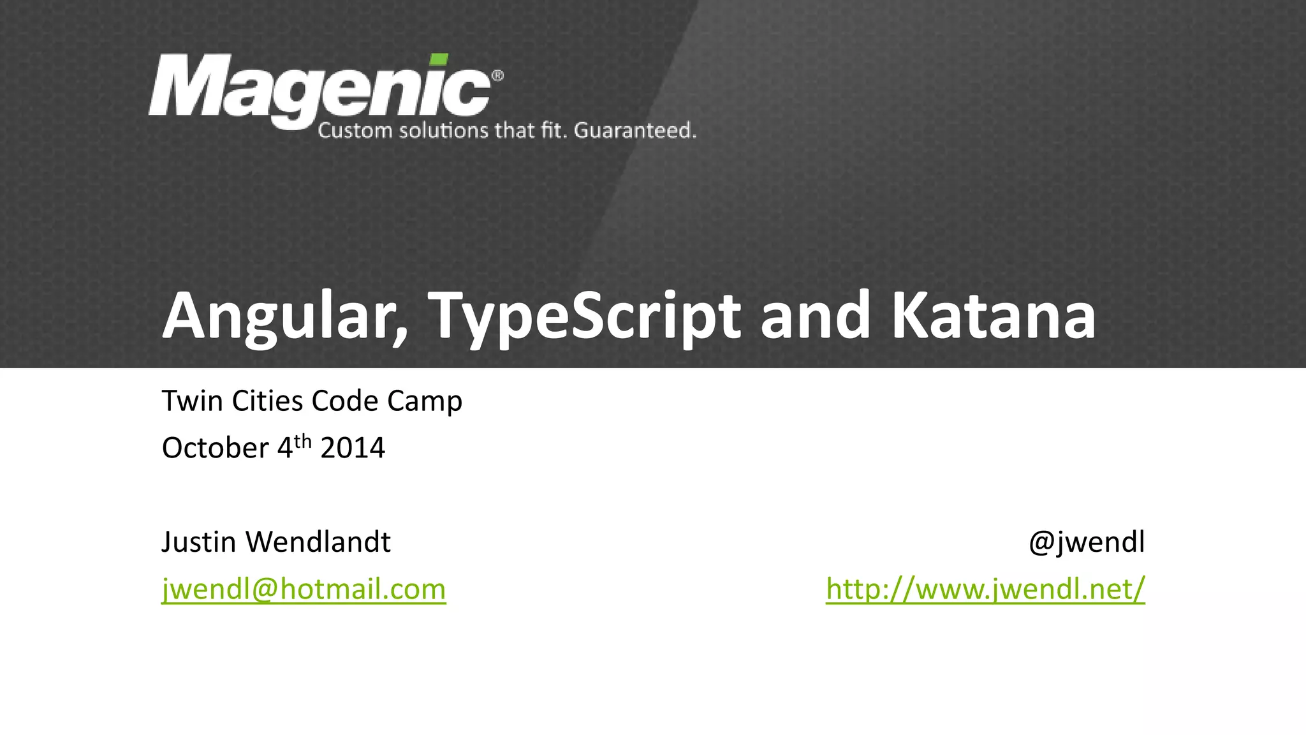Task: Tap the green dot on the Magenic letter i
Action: (438, 59)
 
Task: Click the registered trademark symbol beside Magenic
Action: (497, 76)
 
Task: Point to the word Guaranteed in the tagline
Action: (634, 130)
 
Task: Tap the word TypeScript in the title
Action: (585, 316)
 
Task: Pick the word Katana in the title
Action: (993, 316)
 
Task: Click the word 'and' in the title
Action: (816, 316)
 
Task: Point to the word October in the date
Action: (216, 448)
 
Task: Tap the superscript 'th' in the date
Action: (302, 441)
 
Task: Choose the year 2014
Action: (353, 448)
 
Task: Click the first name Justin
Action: (199, 542)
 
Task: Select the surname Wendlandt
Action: (318, 542)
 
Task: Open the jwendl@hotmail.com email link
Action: (304, 588)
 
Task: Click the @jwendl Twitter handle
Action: (1087, 542)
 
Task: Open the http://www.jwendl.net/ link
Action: (985, 588)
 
